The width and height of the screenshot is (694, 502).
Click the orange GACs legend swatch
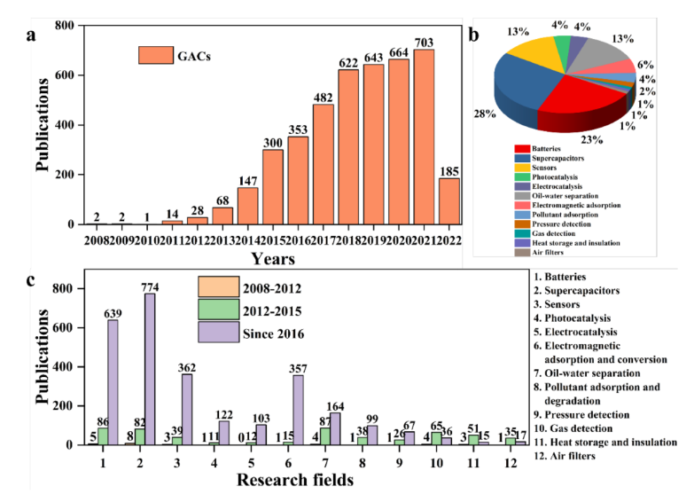(x=156, y=55)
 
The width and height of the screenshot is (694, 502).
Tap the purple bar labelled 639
(x=113, y=381)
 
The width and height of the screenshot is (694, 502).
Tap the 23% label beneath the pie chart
(x=592, y=139)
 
